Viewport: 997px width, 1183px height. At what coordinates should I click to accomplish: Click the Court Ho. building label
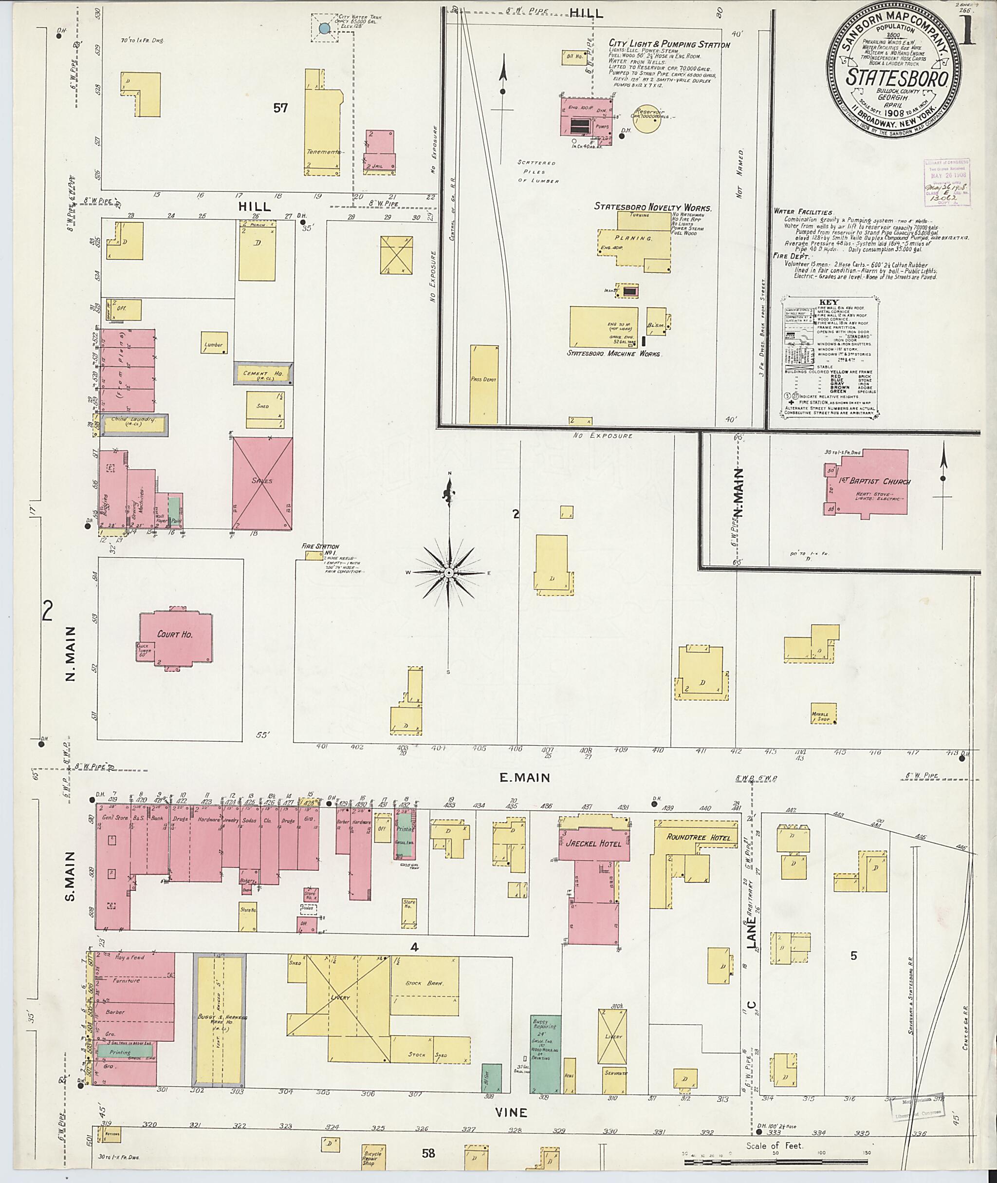tap(175, 635)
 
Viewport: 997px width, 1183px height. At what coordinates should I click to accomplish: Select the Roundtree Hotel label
tap(698, 838)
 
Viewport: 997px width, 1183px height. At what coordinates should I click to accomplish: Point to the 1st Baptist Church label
tap(874, 482)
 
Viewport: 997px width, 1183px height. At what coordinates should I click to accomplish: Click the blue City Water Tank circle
tap(324, 28)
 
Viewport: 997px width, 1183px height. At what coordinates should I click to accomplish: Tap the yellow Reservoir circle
tap(646, 119)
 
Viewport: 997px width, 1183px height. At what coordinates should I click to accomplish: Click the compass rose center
tap(449, 573)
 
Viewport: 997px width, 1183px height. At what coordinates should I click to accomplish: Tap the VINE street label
tap(511, 1112)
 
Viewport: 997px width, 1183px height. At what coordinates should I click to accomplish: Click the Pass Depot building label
tap(483, 379)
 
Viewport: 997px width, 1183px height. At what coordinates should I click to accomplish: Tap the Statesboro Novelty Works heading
tap(652, 207)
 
